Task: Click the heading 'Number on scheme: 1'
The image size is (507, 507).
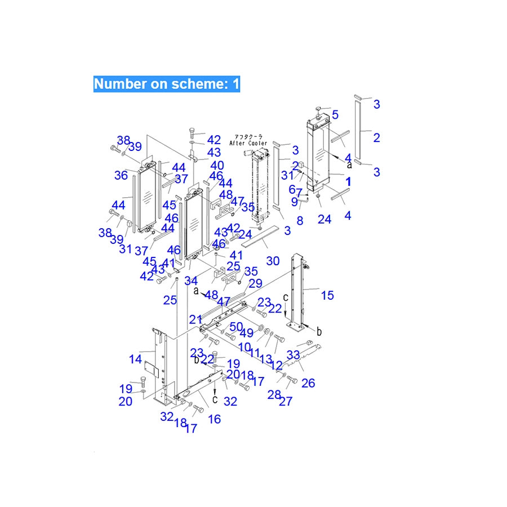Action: click(167, 84)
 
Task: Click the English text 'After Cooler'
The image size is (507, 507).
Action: click(248, 144)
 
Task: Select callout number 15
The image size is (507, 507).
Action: click(327, 295)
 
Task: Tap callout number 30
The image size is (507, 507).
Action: click(273, 261)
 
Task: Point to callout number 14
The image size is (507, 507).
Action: click(135, 358)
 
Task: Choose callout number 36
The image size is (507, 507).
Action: click(121, 175)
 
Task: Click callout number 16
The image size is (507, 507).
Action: click(214, 419)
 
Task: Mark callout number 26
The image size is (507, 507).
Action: click(308, 384)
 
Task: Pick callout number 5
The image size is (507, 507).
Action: click(335, 115)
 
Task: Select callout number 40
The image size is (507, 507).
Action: click(217, 165)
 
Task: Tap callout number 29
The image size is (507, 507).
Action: click(255, 283)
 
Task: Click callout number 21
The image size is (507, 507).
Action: click(195, 319)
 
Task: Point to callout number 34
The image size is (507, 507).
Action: click(191, 281)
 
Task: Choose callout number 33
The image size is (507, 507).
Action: click(293, 355)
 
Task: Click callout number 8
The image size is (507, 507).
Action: click(300, 221)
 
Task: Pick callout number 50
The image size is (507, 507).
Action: click(236, 326)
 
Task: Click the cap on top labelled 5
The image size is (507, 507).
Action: click(318, 108)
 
